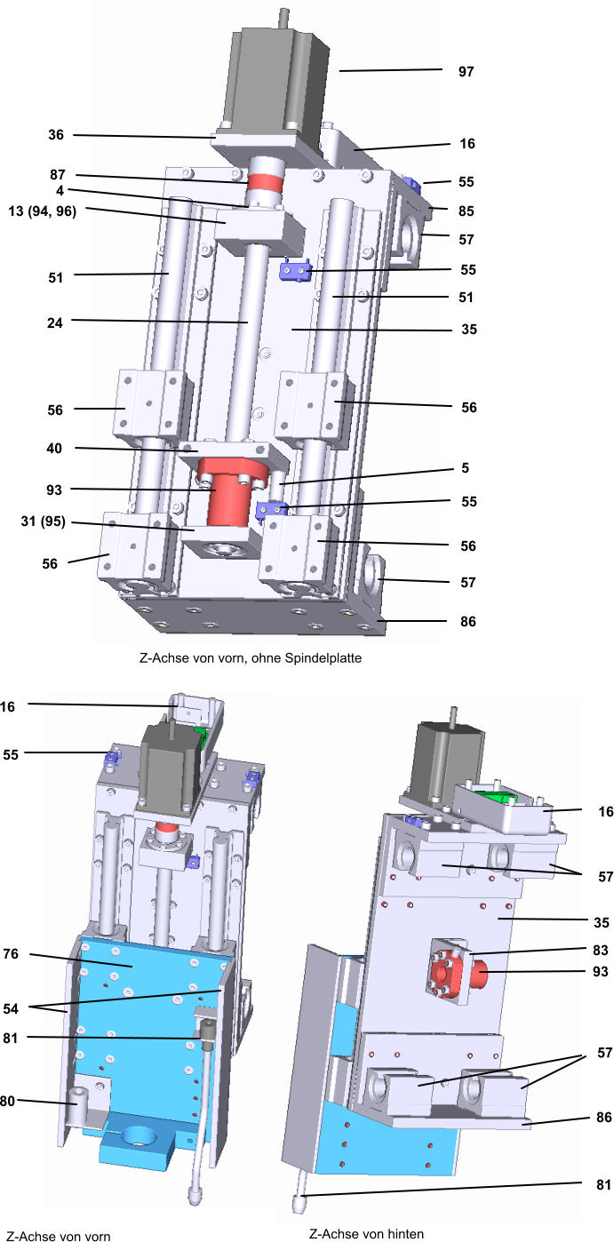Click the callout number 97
point(466,72)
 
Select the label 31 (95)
point(44,521)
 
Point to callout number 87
point(58,175)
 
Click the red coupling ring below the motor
point(265,182)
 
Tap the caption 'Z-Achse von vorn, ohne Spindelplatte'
point(251,658)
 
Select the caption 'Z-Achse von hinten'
point(367,1234)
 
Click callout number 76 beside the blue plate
point(11,953)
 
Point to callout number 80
point(7,1101)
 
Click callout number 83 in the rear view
point(601,951)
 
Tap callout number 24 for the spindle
point(55,322)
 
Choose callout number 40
point(54,448)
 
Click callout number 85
point(466,211)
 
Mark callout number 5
point(466,468)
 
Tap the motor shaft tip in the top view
point(284,10)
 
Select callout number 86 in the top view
point(468,622)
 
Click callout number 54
point(11,1008)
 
